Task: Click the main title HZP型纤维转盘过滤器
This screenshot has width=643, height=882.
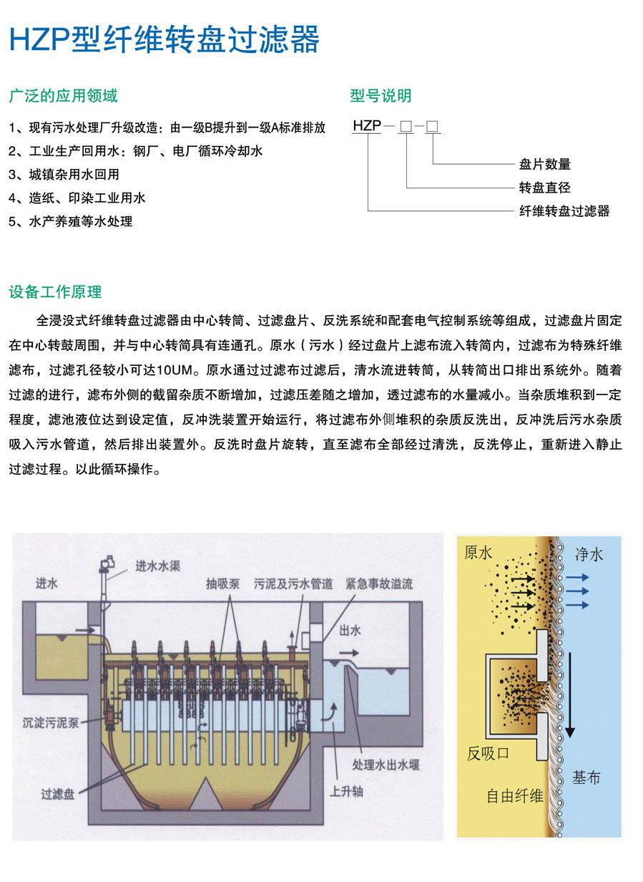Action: click(164, 41)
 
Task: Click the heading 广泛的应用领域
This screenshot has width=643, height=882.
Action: click(63, 96)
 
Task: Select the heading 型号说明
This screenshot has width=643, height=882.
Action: click(381, 96)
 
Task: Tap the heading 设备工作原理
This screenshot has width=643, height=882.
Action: click(55, 292)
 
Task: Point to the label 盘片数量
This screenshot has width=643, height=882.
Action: click(545, 165)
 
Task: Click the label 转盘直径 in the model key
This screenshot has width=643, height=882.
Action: click(545, 188)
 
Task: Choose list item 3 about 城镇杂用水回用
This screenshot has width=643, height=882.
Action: click(64, 174)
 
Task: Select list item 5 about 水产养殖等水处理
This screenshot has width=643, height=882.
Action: click(71, 221)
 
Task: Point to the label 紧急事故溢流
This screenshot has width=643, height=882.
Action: click(379, 584)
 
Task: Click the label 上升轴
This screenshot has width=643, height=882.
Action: click(346, 793)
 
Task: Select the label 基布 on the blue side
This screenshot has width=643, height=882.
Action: click(586, 777)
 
